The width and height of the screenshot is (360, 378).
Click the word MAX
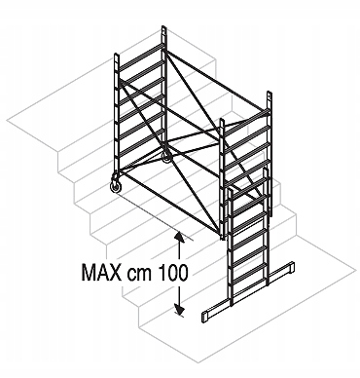coord(101,272)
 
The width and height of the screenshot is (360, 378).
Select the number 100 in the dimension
coord(173,272)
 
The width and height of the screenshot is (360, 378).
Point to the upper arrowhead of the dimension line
coord(179,237)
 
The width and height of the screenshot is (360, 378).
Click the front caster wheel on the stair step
coord(116,187)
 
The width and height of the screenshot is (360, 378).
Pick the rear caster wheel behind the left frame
coord(166,159)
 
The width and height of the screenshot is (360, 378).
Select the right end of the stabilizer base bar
coord(290,267)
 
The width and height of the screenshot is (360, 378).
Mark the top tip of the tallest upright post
coord(164,27)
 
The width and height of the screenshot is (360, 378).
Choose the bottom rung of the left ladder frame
coord(140,158)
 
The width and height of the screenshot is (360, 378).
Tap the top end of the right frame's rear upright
coord(269,94)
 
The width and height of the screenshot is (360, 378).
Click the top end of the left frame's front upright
coord(117,55)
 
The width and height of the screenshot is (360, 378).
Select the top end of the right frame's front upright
coord(222,120)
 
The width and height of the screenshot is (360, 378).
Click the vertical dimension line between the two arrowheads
coord(179,273)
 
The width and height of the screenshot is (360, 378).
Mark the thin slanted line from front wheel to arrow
coord(156,217)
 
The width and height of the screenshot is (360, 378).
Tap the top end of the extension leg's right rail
coord(266,169)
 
